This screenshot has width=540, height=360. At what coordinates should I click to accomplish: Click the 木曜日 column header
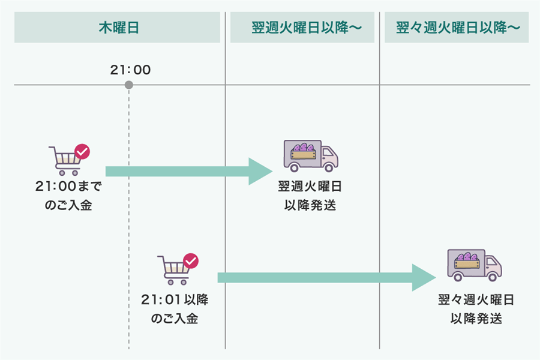[x=119, y=28]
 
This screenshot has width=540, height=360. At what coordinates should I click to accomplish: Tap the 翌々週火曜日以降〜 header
[x=458, y=28]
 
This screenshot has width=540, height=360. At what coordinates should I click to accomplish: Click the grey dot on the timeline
[x=129, y=85]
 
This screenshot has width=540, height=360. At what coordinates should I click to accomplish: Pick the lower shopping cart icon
[x=173, y=269]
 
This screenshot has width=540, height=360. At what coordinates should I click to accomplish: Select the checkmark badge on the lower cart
[x=190, y=261]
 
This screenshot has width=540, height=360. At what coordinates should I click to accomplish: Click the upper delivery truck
[x=310, y=156]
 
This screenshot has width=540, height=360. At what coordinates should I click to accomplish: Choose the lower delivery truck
[x=474, y=265]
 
